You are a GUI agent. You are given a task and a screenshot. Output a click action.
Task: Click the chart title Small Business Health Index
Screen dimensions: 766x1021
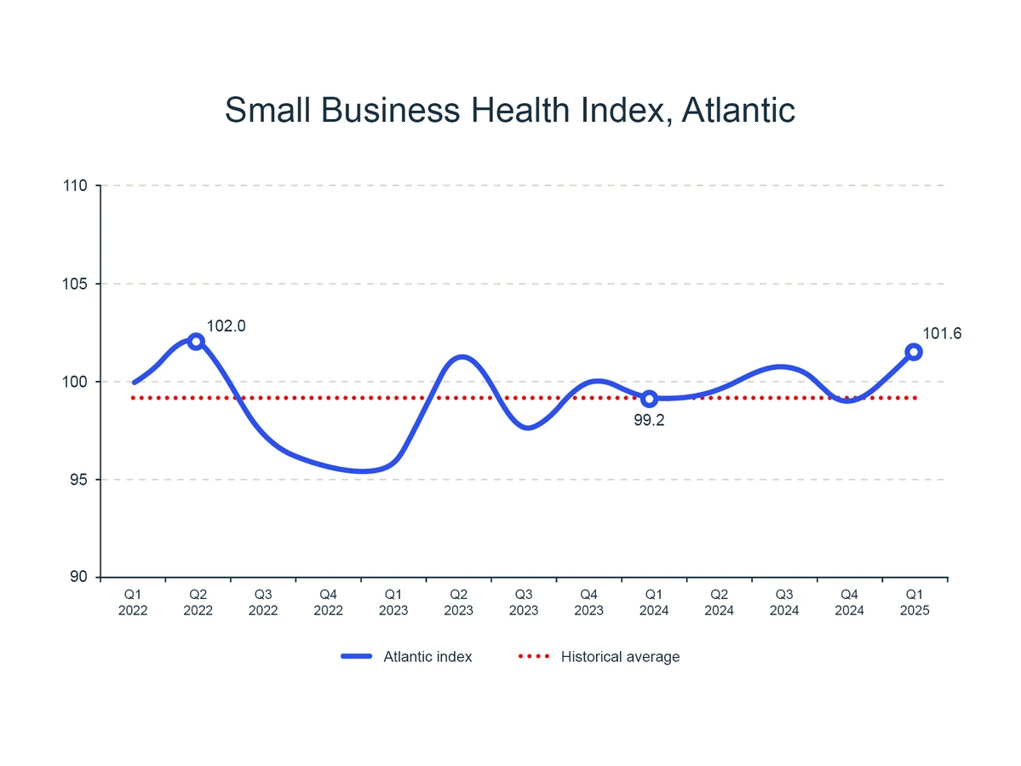click(x=509, y=111)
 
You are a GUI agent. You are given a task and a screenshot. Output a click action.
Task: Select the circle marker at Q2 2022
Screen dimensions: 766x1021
click(x=196, y=342)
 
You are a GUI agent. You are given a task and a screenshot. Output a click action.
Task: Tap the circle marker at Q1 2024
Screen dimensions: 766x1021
click(x=649, y=398)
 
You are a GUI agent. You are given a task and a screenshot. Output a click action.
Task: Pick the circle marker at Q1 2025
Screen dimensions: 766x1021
click(x=914, y=352)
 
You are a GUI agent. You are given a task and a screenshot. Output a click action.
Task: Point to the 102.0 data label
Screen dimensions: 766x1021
click(x=227, y=325)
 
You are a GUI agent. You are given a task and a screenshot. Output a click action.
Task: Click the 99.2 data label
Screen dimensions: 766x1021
click(x=649, y=419)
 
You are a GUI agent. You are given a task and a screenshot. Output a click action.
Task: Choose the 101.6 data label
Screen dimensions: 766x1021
click(x=943, y=334)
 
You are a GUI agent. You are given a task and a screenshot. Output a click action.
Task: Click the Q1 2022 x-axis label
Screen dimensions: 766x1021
click(x=134, y=602)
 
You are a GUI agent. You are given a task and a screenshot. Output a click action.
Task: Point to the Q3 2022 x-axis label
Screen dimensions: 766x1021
click(x=264, y=602)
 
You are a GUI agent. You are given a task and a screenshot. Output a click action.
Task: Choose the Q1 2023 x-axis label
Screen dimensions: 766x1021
click(x=393, y=602)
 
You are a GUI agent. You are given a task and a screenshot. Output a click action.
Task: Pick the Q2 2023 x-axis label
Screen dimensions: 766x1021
click(x=459, y=602)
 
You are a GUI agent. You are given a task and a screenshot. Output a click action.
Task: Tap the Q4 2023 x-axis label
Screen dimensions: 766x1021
click(x=589, y=602)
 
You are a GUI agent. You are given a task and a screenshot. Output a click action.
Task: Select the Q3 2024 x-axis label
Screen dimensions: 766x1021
click(x=784, y=602)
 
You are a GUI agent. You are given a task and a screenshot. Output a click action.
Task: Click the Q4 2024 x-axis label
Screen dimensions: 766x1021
click(x=849, y=602)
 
